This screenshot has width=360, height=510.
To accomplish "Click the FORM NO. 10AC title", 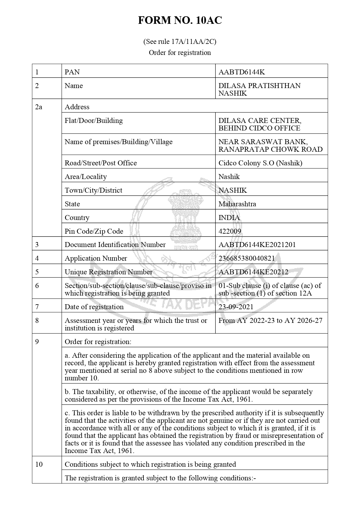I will tap(180, 20).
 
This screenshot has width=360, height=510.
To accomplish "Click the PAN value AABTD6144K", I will tap(242, 72).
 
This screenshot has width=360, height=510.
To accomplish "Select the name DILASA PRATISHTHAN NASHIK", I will tap(259, 90).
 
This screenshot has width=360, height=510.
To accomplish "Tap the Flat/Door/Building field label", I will tap(93, 121).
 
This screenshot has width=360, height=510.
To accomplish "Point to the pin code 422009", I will tap(230, 231).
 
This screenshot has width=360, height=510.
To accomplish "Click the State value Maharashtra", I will tap(237, 204).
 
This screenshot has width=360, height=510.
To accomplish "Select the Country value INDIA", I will tap(229, 218).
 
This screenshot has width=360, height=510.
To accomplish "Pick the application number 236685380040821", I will tap(246, 258).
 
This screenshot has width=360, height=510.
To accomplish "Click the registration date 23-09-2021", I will tap(236, 307).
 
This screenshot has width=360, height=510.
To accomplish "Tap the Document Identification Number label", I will tap(115, 245).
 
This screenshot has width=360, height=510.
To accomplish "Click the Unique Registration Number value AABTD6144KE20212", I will tap(253, 272).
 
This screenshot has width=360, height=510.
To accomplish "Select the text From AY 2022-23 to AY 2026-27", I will tap(270, 321).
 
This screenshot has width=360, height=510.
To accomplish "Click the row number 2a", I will tap(39, 107).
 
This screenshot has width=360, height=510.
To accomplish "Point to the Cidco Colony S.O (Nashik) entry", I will tap(260, 163).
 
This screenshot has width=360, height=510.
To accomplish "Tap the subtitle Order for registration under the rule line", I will tap(180, 53).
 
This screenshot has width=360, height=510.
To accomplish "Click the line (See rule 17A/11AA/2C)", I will tap(180, 42).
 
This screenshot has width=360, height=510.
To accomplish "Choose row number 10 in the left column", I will tap(39, 464).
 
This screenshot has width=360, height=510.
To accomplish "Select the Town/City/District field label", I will tap(93, 190).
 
